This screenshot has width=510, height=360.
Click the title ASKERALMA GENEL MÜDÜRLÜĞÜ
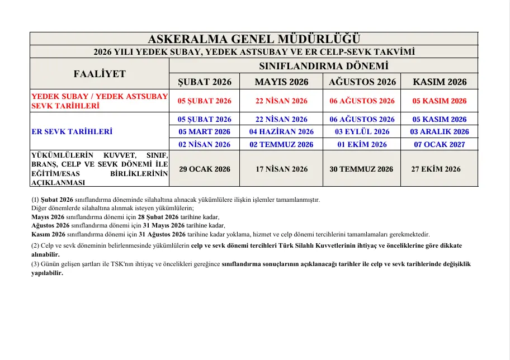254,39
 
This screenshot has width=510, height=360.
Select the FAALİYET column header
100,74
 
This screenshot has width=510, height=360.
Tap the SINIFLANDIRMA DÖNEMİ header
323,66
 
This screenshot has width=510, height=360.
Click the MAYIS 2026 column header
281,82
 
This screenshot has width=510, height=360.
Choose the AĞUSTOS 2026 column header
362,82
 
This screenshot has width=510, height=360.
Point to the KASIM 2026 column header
439,82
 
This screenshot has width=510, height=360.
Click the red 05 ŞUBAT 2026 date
204,101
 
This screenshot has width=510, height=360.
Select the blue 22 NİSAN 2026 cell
281,119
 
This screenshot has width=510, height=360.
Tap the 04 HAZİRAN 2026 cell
281,132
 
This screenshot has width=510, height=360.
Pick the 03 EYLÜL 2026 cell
362,132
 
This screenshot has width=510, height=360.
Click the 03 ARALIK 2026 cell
439,132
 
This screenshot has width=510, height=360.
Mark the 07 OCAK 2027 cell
439,145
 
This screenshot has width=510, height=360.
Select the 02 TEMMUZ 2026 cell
281,145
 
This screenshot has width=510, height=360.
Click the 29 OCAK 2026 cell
204,169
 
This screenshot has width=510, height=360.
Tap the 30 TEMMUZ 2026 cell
361,169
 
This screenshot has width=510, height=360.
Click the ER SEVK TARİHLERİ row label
72,132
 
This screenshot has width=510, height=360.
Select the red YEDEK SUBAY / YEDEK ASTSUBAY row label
100,97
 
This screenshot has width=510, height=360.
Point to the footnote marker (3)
35,264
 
